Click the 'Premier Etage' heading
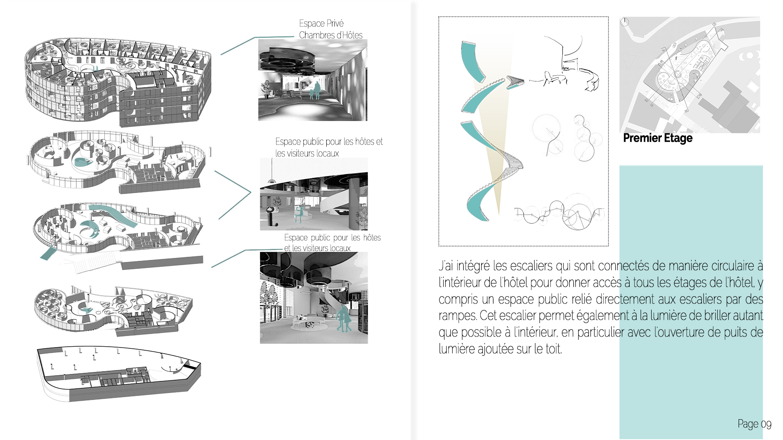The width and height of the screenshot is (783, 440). coord(658,138)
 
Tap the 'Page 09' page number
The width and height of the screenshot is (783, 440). coord(754,425)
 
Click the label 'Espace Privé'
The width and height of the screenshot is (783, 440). coord(321,23)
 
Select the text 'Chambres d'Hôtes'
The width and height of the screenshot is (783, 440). coord(331,35)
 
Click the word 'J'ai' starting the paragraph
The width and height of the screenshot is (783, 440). coord(446,266)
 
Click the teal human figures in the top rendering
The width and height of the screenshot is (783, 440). coord(314,91)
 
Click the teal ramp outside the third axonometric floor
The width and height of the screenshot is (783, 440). coord(48,252)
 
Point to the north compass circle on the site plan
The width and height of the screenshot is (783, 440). coord(624,22)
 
